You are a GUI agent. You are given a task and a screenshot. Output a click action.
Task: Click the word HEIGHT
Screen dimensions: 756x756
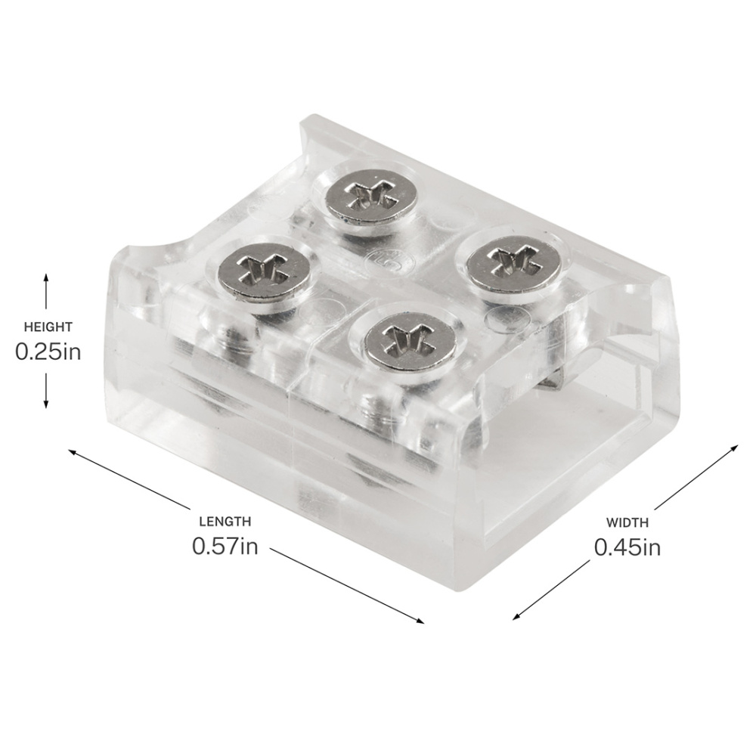pyautogui.click(x=48, y=327)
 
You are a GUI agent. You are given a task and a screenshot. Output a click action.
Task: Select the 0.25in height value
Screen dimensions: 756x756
pyautogui.click(x=48, y=352)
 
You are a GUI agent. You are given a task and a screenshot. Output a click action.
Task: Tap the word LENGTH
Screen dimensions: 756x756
pyautogui.click(x=225, y=521)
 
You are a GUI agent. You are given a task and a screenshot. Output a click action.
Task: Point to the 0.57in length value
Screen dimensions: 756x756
pyautogui.click(x=225, y=546)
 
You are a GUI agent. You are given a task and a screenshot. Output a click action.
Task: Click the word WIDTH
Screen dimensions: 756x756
pyautogui.click(x=627, y=522)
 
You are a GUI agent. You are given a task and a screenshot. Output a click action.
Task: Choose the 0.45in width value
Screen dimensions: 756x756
pyautogui.click(x=627, y=547)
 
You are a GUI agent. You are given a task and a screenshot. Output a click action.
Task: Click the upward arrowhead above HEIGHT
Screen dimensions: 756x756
pyautogui.click(x=46, y=277)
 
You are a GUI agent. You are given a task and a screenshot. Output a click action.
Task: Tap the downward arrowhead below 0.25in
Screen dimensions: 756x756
pyautogui.click(x=46, y=404)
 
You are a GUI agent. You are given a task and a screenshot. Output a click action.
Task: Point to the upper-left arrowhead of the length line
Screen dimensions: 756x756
pyautogui.click(x=73, y=452)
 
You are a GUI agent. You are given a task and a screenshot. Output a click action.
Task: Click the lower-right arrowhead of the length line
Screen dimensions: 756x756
pyautogui.click(x=420, y=621)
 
